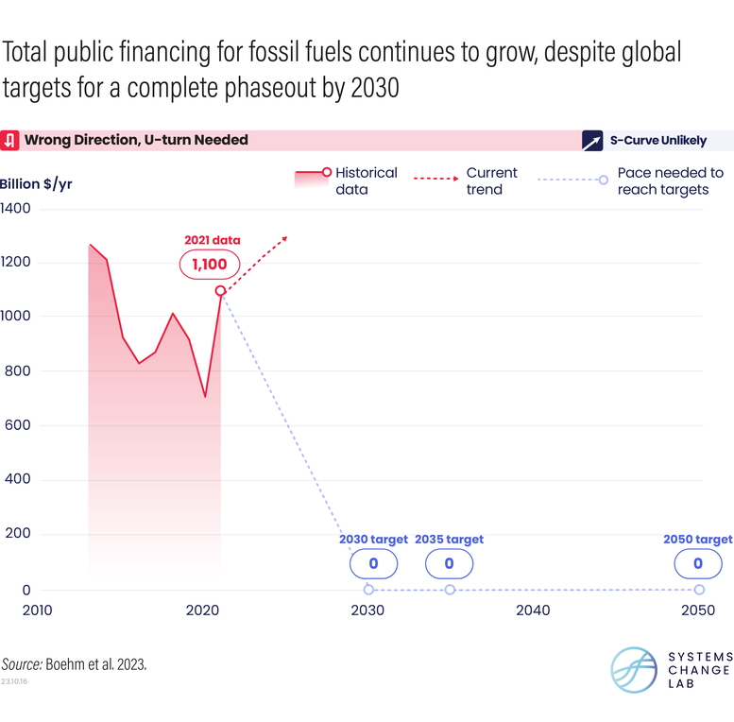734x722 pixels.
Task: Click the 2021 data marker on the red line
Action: click(220, 291)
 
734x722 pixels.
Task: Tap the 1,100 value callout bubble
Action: click(209, 265)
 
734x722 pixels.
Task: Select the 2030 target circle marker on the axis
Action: click(368, 590)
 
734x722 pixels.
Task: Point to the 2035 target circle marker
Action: click(450, 590)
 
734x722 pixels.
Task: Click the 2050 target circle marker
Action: click(699, 590)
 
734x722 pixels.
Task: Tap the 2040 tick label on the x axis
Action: click(533, 610)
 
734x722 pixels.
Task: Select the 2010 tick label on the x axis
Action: click(38, 610)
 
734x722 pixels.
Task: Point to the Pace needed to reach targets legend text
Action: click(670, 180)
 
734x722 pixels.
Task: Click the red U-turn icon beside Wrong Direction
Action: click(9, 141)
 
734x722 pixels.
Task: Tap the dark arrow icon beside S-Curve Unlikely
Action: click(592, 141)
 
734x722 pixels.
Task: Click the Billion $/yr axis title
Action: click(36, 183)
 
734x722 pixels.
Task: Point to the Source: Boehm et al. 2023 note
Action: click(74, 664)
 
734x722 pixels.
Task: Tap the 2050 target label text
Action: click(698, 540)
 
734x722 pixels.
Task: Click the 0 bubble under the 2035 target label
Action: click(449, 564)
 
